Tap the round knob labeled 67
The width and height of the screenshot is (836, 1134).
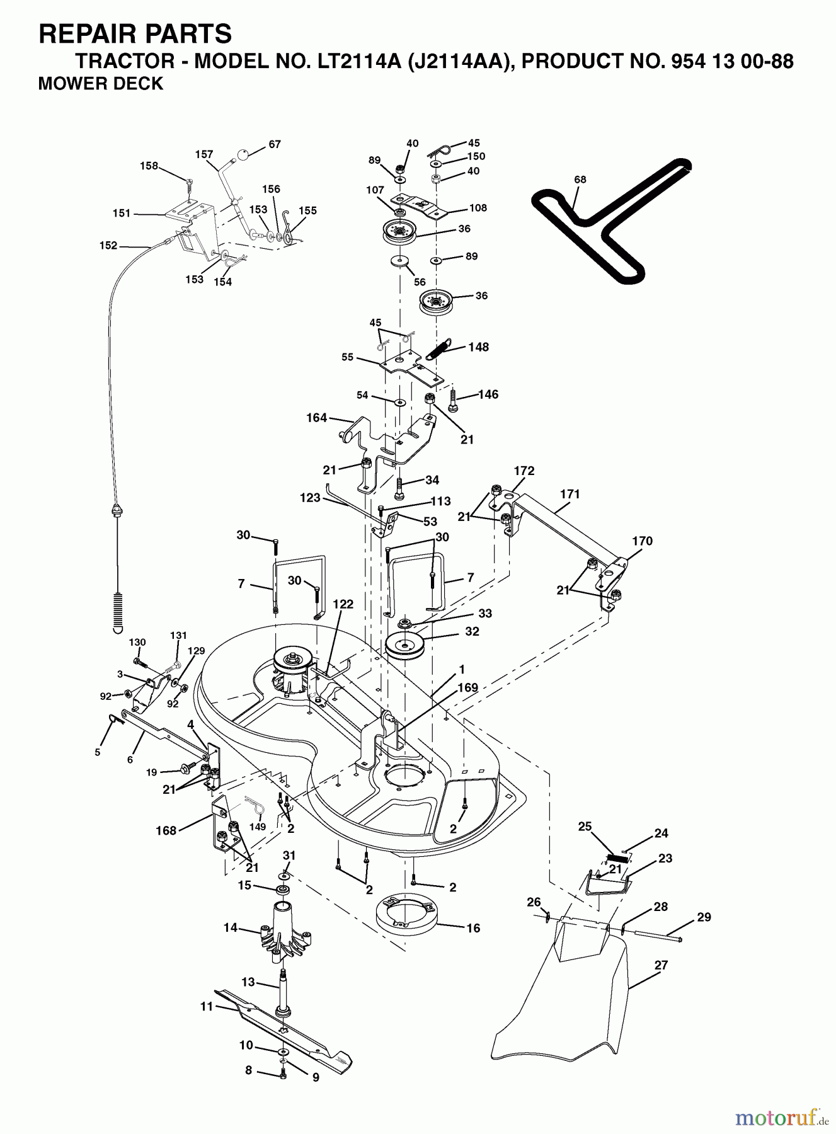tap(246, 154)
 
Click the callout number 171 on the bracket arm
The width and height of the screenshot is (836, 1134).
tap(570, 495)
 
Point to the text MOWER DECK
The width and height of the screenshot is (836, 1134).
tap(101, 83)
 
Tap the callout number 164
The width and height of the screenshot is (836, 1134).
tap(316, 418)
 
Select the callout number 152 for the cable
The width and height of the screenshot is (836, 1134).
tap(108, 246)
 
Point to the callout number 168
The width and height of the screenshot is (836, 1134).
tap(166, 830)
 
